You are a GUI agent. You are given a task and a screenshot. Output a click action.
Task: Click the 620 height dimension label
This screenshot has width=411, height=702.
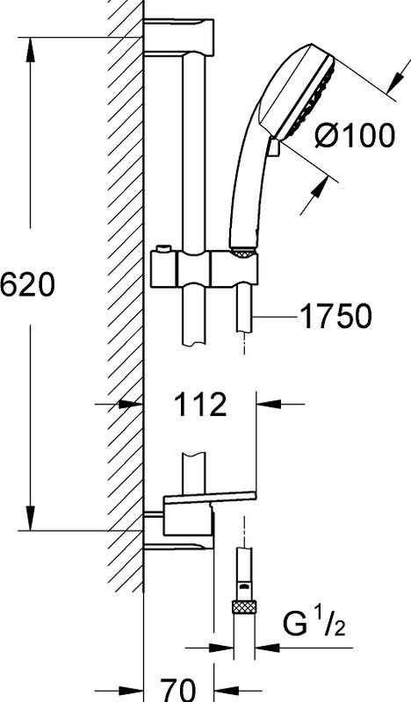pos(27,284)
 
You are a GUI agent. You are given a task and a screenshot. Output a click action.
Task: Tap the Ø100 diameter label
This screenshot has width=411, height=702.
pos(355,135)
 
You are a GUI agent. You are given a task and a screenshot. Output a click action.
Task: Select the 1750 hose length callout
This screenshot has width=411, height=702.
pos(335,317)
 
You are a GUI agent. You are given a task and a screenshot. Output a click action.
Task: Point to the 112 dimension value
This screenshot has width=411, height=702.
pos(200,405)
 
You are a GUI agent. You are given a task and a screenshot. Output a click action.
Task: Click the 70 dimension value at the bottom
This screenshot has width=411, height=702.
pos(178,690)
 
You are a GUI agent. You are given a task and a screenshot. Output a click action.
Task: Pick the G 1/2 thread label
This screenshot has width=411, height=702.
pos(314,624)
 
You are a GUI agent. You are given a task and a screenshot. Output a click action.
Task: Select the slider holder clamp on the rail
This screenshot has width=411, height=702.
pos(205,269)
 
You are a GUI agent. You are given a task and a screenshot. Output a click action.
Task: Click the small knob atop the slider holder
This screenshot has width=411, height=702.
pos(163,248)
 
